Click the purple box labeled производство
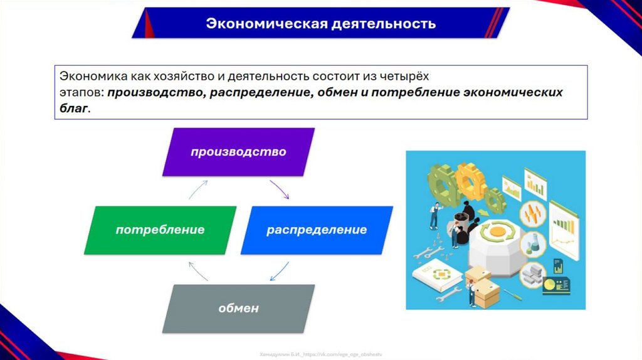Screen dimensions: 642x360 point(238,152)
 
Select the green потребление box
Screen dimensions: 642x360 point(160,230)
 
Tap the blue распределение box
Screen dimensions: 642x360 point(317,230)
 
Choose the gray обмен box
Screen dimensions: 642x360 point(238,309)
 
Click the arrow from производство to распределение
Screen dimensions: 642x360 point(280,189)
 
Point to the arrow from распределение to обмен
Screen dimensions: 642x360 point(278,271)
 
